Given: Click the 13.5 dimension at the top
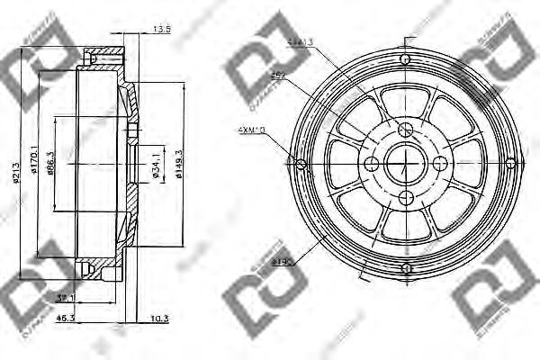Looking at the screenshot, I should tap(162, 29).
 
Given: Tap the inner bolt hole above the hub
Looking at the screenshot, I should tap(406, 127).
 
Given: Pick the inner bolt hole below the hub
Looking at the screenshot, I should tap(406, 199).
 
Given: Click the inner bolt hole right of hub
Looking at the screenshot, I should tap(441, 163).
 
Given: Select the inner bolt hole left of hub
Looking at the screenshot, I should tap(370, 163).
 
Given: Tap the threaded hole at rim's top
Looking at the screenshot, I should tap(406, 58).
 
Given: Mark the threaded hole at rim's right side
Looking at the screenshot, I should tap(510, 163).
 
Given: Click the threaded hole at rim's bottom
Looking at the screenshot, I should tap(406, 267).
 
